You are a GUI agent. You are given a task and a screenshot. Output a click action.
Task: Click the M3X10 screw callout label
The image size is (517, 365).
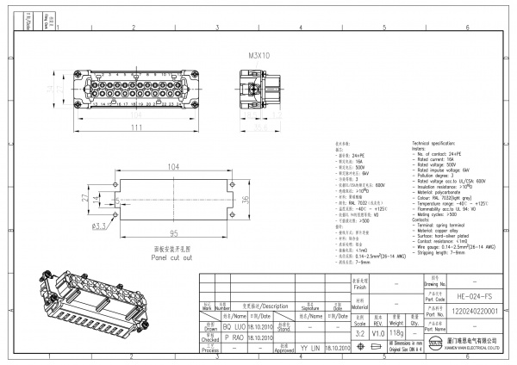[258, 54]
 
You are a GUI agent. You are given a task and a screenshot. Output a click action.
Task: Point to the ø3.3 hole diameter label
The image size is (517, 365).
[99, 226]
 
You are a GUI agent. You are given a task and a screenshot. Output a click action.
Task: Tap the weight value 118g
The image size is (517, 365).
[396, 331]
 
